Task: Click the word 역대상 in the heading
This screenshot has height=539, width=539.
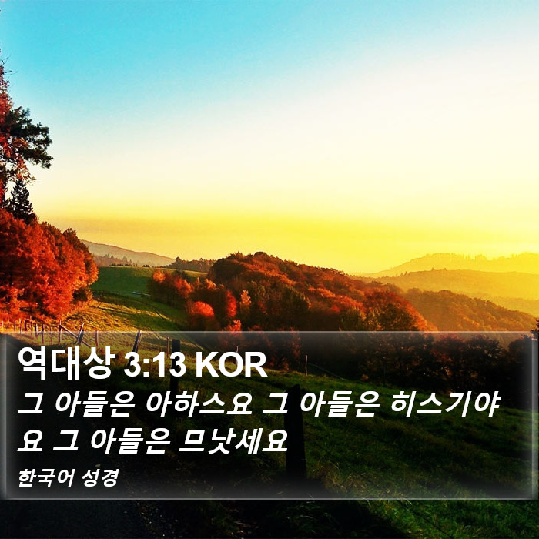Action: pyautogui.click(x=66, y=364)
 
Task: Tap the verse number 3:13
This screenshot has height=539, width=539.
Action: pyautogui.click(x=156, y=365)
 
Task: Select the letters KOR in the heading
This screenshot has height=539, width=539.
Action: pyautogui.click(x=231, y=365)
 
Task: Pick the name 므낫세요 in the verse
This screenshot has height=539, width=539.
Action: pyautogui.click(x=233, y=441)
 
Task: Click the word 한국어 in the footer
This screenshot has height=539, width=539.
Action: pyautogui.click(x=45, y=478)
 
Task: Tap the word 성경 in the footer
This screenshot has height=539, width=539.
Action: pyautogui.click(x=100, y=478)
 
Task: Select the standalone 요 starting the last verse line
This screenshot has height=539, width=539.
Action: pyautogui.click(x=30, y=442)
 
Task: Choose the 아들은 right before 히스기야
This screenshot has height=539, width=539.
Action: pyautogui.click(x=340, y=404)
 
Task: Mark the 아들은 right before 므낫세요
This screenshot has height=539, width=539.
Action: pyautogui.click(x=130, y=441)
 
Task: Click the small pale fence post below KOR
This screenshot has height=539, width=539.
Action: pyautogui.click(x=306, y=365)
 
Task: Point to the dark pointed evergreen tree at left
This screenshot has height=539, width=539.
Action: pyautogui.click(x=22, y=199)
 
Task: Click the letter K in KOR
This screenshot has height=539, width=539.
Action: pyautogui.click(x=207, y=365)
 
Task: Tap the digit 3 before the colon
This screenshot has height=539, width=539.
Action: pyautogui.click(x=131, y=365)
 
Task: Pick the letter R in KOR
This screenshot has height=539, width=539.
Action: pyautogui.click(x=256, y=365)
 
